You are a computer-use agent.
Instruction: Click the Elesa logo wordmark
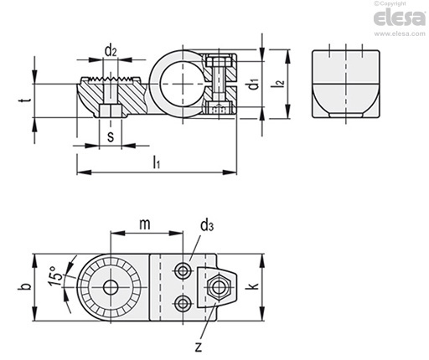click(399, 18)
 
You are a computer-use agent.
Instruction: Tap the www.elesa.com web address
click(400, 33)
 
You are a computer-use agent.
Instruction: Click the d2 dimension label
click(111, 51)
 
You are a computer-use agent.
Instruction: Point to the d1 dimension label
click(254, 85)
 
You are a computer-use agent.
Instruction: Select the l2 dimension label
click(280, 83)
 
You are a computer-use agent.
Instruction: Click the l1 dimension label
click(157, 162)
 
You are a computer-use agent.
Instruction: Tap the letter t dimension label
click(25, 100)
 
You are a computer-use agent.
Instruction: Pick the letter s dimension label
click(111, 136)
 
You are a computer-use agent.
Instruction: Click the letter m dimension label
click(145, 224)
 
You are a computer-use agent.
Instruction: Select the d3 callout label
click(207, 225)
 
